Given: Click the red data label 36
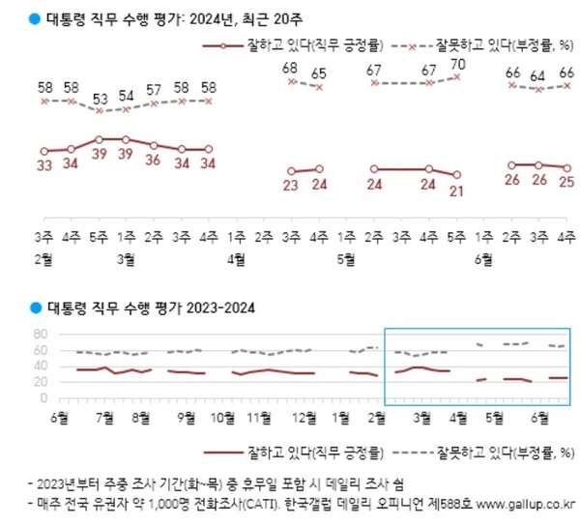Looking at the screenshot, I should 153,160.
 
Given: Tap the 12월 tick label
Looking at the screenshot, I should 304,418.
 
